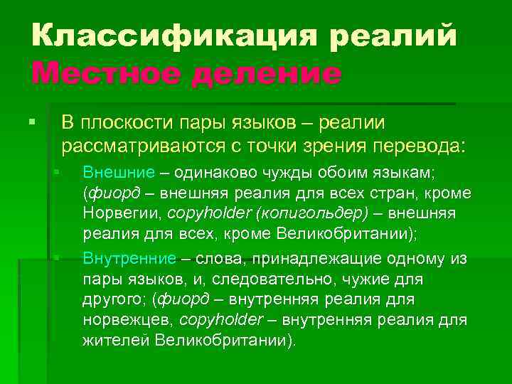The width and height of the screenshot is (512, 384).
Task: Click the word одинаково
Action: (208, 173)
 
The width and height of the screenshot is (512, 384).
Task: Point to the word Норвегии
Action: (123, 213)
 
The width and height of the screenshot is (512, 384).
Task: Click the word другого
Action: (114, 299)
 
